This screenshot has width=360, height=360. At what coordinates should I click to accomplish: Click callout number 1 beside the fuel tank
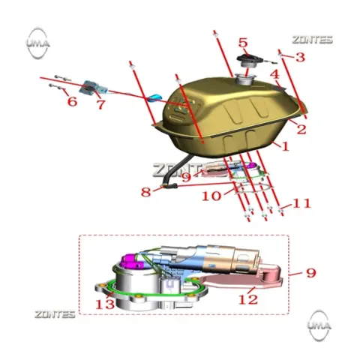click(285, 146)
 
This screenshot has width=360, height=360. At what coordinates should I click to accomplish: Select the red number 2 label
click(301, 129)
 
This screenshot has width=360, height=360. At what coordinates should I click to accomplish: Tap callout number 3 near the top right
click(300, 57)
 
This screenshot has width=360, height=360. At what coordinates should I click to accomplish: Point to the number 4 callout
click(275, 74)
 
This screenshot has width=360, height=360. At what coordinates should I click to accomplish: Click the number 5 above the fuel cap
click(243, 43)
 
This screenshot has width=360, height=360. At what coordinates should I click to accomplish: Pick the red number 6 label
click(72, 101)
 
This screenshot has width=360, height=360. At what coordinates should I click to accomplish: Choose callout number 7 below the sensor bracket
click(100, 104)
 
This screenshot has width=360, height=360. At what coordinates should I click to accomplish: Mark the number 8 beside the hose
click(146, 192)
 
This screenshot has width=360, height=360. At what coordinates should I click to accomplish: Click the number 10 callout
click(211, 196)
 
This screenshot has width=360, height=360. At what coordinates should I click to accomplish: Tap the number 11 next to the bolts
click(301, 203)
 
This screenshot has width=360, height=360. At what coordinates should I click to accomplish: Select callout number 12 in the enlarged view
click(248, 299)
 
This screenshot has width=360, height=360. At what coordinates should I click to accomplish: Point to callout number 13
click(105, 304)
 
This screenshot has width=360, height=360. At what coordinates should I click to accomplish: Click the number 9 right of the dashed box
click(311, 273)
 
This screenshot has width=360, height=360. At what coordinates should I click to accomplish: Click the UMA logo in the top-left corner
click(38, 43)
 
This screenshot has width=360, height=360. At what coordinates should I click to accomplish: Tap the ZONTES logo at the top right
click(313, 40)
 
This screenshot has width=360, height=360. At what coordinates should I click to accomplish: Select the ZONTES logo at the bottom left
click(55, 314)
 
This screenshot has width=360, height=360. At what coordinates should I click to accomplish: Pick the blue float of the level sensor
click(154, 97)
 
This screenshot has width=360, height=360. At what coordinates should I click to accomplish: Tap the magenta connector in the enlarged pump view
click(131, 262)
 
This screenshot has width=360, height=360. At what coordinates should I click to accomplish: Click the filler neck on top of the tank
click(244, 79)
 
